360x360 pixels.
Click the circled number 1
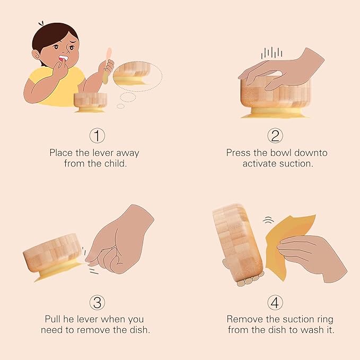pos(97,136)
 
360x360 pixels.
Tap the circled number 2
pos(275,136)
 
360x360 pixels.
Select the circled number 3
pos(97,302)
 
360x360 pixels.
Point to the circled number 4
pos(275,302)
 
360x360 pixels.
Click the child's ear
pos(36,55)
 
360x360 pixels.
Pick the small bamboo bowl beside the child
pos(90,102)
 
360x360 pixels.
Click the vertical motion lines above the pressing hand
pos(271,53)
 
